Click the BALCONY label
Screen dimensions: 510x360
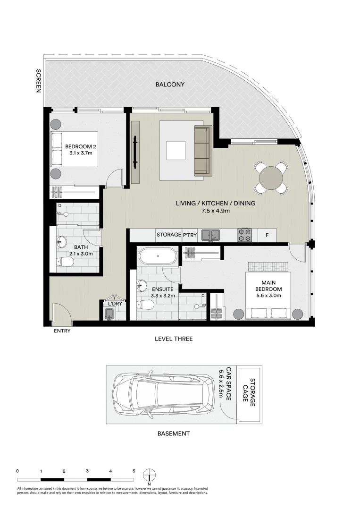pyautogui.click(x=170, y=85)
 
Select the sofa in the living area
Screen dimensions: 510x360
pyautogui.click(x=203, y=150)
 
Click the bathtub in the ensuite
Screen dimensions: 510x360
pyautogui.click(x=158, y=257)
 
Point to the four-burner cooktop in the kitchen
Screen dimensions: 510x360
pyautogui.click(x=244, y=235)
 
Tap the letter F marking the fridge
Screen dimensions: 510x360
pyautogui.click(x=267, y=235)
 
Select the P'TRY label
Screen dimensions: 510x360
pyautogui.click(x=190, y=235)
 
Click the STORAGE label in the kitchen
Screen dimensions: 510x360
pyautogui.click(x=168, y=235)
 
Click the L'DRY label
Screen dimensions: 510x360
pyautogui.click(x=115, y=304)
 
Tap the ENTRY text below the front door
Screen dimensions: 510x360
pyautogui.click(x=62, y=331)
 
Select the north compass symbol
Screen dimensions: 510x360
pyautogui.click(x=149, y=474)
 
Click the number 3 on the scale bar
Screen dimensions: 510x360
pyautogui.click(x=88, y=471)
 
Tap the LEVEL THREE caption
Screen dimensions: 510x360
pyautogui.click(x=174, y=339)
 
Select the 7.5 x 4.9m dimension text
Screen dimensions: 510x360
pyautogui.click(x=216, y=211)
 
